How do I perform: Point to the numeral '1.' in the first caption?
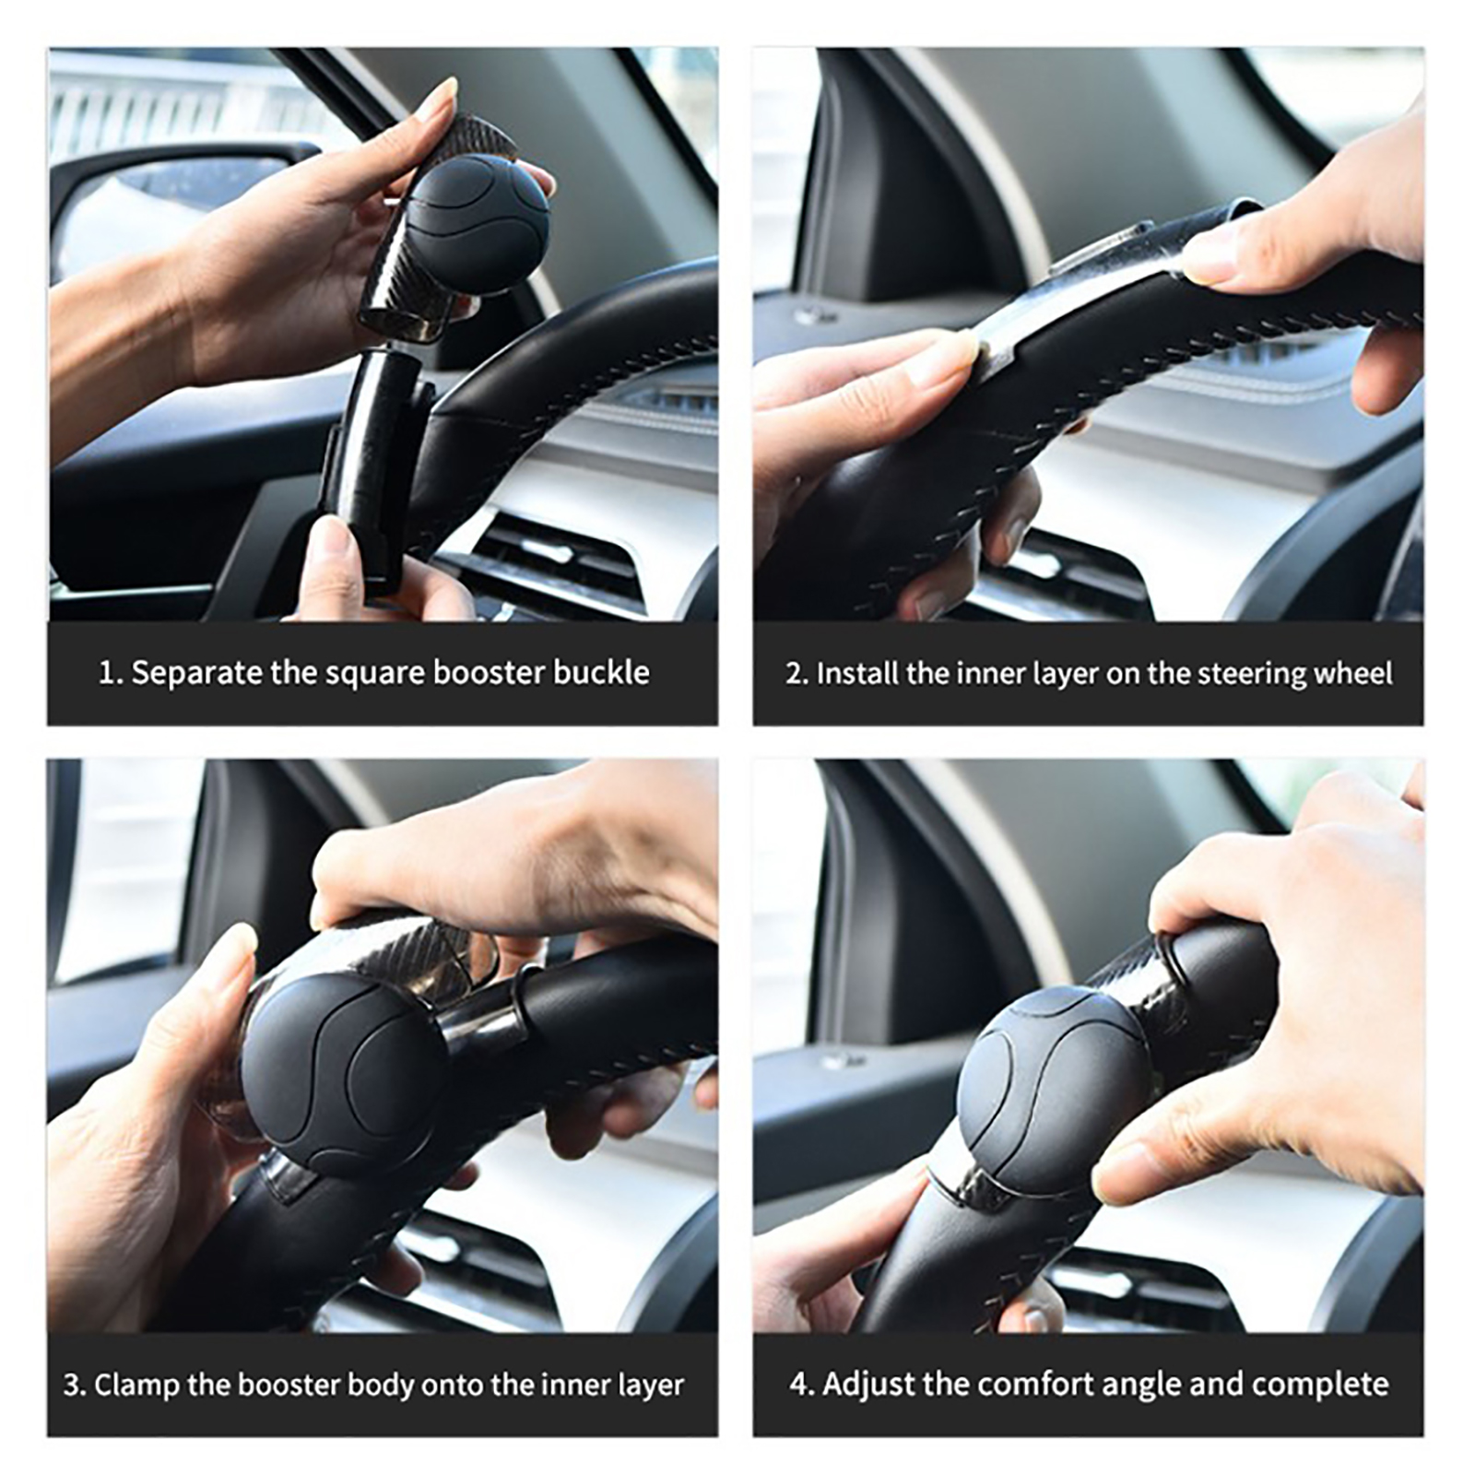click(x=111, y=673)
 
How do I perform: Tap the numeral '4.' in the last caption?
click(x=801, y=1385)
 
